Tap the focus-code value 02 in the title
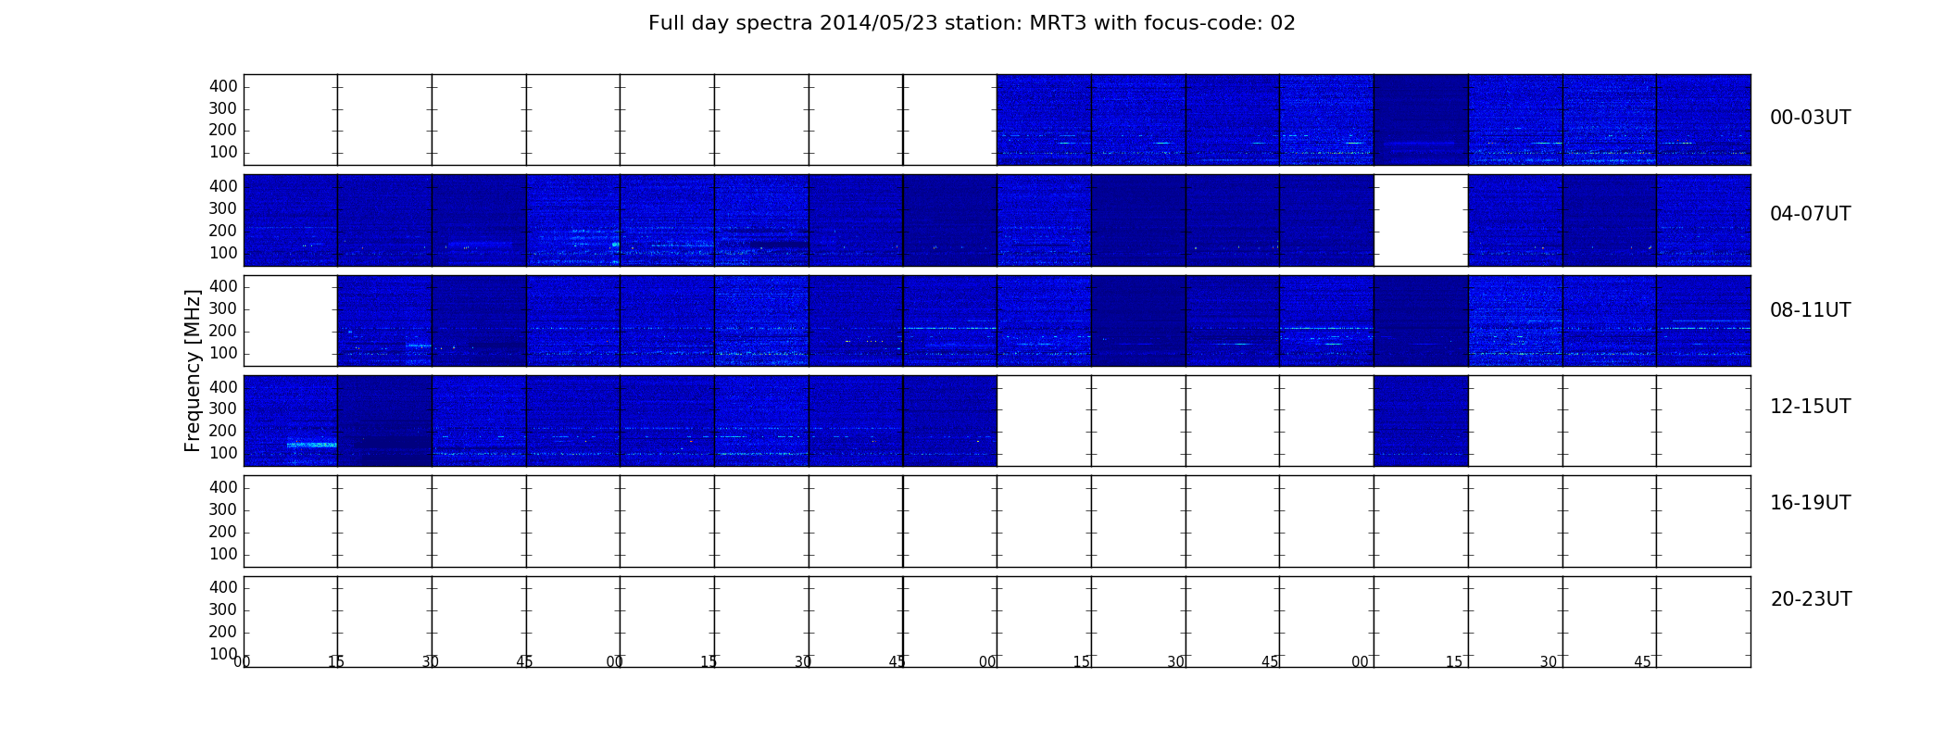(1283, 23)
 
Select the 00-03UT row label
(1811, 118)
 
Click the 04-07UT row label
(1811, 214)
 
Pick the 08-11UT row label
(1811, 310)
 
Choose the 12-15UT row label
(1811, 407)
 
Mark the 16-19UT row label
(1811, 503)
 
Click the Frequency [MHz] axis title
(193, 370)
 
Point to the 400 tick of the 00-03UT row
(223, 86)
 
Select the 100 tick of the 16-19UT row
(223, 554)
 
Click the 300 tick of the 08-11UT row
(223, 309)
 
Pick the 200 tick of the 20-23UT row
(223, 632)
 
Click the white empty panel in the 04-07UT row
(1421, 220)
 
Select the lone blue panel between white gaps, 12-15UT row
(1421, 421)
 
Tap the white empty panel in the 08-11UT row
(291, 320)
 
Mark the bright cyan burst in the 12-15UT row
(311, 445)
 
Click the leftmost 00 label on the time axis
(242, 661)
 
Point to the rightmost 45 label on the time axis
(1642, 662)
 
